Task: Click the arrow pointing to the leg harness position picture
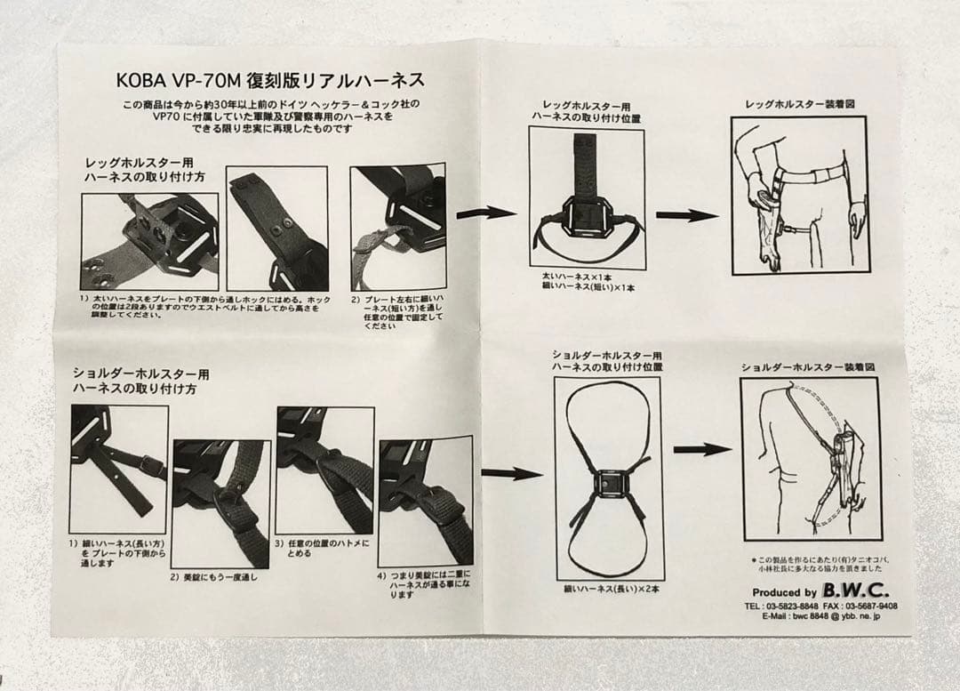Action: (x=485, y=213)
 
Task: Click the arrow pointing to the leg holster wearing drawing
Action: (x=686, y=215)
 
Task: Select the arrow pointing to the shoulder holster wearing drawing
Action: (x=701, y=449)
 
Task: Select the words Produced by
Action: (x=784, y=592)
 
